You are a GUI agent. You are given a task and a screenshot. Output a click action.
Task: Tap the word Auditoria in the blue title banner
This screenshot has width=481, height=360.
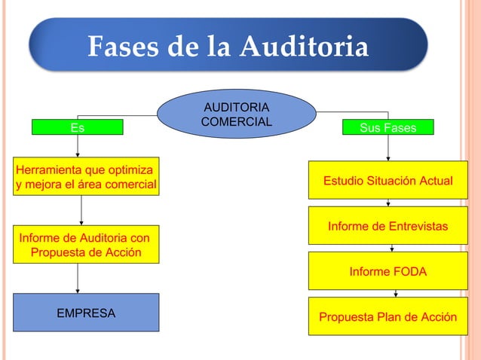(305, 47)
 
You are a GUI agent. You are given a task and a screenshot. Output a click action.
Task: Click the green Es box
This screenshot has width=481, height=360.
(77, 128)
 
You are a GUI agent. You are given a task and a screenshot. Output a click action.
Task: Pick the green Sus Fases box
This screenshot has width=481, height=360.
(388, 128)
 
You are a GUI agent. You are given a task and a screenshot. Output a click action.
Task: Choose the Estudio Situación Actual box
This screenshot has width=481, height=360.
(388, 182)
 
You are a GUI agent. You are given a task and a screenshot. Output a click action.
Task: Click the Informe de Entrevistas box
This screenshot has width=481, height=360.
(388, 226)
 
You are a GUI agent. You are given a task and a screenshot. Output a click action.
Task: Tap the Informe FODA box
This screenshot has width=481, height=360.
(388, 271)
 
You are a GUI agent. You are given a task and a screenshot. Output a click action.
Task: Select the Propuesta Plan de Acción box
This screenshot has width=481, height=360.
(388, 316)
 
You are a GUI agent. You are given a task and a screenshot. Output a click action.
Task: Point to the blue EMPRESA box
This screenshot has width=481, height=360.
(87, 313)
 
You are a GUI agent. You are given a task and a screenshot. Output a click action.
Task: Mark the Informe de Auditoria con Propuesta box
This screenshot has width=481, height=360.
(85, 245)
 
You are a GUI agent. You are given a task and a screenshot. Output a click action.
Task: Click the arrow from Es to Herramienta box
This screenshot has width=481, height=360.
(78, 149)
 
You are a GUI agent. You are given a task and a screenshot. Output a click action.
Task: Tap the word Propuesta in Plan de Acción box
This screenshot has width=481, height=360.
(345, 316)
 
